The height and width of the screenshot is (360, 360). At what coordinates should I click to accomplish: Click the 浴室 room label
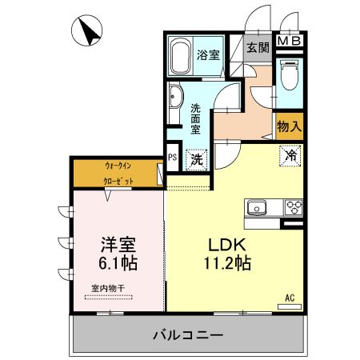coord(210,54)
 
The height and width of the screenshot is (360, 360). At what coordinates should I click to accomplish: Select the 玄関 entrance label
coord(257,47)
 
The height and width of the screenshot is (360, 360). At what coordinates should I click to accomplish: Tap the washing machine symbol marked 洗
coord(196,158)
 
